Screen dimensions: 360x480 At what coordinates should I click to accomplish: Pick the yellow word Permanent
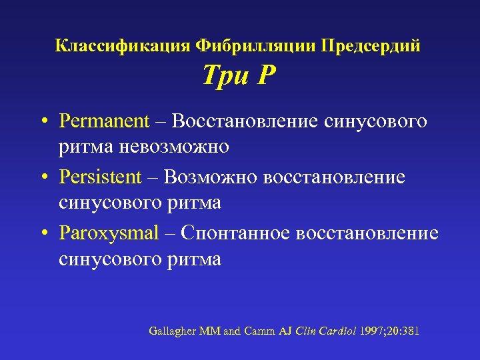104,121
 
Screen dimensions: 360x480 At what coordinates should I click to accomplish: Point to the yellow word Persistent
101,177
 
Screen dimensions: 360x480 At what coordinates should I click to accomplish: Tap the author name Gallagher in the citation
171,331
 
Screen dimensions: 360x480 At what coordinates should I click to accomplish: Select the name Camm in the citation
258,331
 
